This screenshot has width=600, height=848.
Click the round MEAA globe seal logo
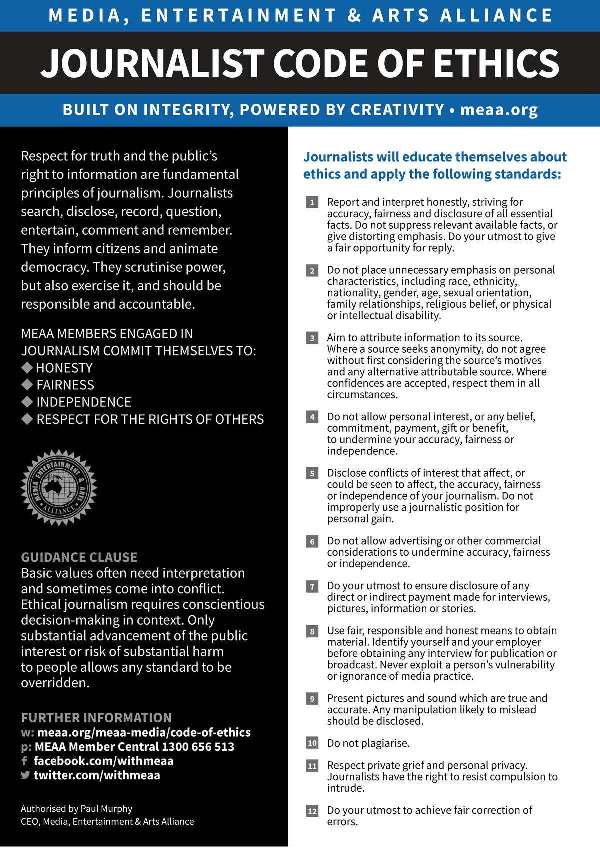[59, 488]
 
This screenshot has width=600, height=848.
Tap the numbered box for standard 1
[312, 202]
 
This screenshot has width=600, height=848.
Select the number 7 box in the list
[312, 586]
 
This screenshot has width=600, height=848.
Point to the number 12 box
[312, 811]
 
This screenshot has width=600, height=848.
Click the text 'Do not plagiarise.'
[368, 743]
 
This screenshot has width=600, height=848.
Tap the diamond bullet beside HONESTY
[27, 368]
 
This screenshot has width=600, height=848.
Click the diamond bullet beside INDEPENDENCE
[27, 402]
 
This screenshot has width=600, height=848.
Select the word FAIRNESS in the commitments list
[65, 385]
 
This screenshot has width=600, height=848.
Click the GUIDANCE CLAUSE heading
[79, 557]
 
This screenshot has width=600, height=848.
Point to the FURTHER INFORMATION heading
[96, 718]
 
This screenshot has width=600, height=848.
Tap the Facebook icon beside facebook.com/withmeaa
[24, 761]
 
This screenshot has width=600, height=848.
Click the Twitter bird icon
[25, 775]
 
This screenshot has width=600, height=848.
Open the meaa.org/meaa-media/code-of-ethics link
[144, 732]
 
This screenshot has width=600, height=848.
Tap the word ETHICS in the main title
[496, 63]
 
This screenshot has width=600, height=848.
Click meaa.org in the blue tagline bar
[499, 110]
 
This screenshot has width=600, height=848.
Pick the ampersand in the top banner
[354, 15]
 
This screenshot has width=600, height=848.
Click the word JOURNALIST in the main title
[152, 63]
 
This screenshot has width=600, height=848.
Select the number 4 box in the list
[312, 417]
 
